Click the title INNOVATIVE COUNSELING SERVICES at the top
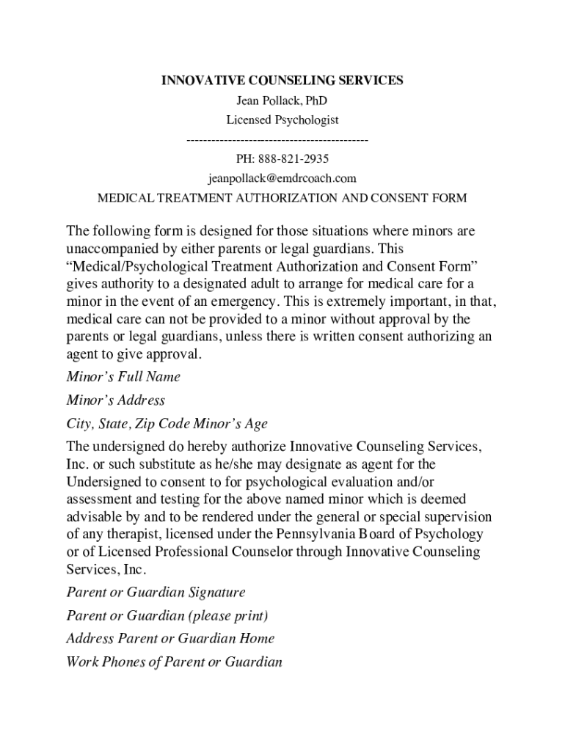point(282,81)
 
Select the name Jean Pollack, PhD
point(282,100)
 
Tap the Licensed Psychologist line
point(282,120)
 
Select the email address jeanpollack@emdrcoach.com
point(282,178)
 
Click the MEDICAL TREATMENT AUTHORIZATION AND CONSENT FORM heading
point(282,198)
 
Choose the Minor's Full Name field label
point(123,377)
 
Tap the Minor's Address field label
point(115,400)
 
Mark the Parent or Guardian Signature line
point(156,592)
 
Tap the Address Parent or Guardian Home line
point(170,639)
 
